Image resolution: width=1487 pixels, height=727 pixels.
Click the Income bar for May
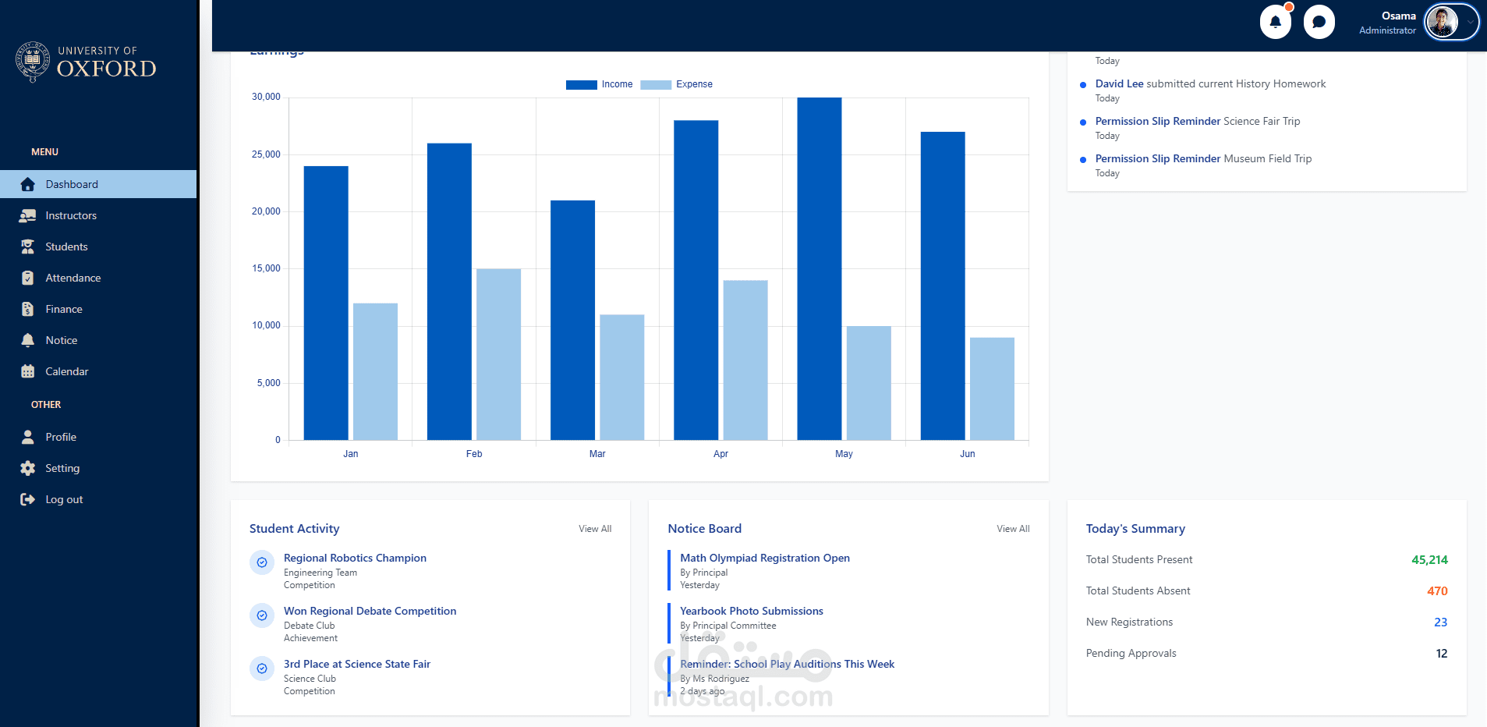819,268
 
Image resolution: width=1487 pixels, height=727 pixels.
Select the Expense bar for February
498,354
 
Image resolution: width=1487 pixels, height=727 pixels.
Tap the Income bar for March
572,320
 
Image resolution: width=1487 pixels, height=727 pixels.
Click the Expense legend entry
677,84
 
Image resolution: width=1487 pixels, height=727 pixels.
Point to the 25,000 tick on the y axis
266,154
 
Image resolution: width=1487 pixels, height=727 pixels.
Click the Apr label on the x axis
720,454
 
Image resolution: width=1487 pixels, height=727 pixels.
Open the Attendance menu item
73,278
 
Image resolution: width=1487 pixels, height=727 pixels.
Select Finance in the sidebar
63,309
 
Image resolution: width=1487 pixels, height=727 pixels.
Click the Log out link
63,499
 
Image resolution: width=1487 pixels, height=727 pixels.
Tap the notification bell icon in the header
1275,22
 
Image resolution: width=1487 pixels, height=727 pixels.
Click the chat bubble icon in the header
1319,22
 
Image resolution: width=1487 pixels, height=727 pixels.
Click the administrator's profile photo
1442,22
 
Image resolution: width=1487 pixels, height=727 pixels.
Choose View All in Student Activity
595,529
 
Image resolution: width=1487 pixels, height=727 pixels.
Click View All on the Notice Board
1013,529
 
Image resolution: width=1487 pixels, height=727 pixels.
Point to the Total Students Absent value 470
1437,591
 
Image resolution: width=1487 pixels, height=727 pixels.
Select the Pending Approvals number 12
1441,654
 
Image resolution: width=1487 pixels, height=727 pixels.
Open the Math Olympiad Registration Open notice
764,558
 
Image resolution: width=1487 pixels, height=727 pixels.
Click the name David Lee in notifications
1119,83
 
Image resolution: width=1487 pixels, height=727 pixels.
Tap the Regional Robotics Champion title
355,558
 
